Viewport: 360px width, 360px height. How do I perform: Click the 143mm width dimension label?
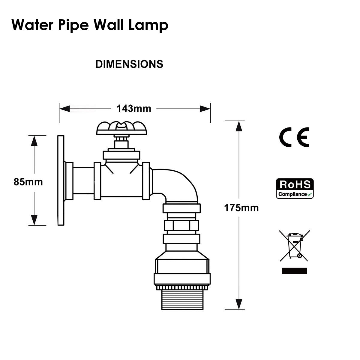coord(134,108)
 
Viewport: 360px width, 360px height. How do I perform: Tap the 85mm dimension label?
coord(28,182)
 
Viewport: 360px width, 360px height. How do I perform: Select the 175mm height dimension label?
coord(241,208)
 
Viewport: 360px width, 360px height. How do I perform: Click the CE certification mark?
coord(294,137)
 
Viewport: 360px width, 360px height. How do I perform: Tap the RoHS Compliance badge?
coord(295,188)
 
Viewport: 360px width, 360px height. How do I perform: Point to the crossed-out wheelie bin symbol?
coord(294,246)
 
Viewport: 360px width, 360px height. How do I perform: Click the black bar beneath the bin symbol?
coord(294,271)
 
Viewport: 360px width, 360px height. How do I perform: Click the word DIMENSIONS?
coord(129,64)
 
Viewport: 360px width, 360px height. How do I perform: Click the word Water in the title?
coord(32,25)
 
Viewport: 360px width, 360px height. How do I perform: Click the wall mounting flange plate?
coord(61,180)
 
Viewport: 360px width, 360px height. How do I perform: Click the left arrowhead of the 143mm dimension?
coord(64,109)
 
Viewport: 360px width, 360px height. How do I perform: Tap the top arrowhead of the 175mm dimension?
coord(239,126)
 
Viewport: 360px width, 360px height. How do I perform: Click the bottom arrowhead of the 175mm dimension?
coord(239,304)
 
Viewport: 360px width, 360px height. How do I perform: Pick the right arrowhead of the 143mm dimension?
coord(205,109)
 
